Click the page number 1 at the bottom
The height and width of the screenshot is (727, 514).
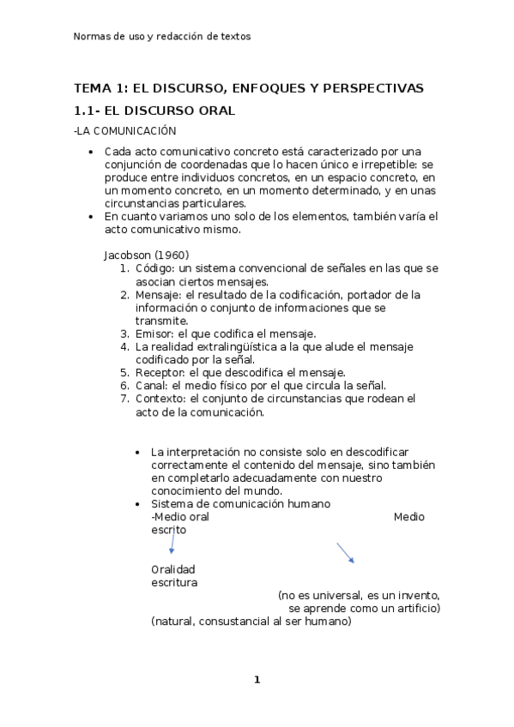pos(256,680)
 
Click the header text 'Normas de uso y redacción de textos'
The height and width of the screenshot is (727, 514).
pos(161,37)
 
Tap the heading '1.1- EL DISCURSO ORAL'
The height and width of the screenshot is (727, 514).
pos(154,111)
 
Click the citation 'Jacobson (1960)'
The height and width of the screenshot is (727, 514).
pos(146,255)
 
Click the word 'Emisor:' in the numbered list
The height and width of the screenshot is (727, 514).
pos(154,333)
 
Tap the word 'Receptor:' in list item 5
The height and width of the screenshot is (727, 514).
pos(160,372)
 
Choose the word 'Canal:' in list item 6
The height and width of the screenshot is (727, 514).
pos(151,385)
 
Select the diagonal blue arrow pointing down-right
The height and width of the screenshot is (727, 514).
pos(345,552)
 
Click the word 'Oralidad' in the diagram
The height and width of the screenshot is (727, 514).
pos(172,569)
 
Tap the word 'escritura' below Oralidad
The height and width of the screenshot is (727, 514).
pos(173,582)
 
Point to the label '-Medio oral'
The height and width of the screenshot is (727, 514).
pos(179,517)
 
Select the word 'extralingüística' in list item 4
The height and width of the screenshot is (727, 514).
pos(226,346)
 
